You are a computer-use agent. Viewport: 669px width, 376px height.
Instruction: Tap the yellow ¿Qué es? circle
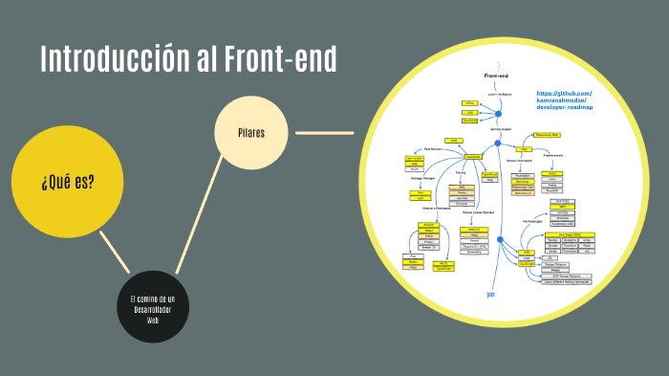(68, 181)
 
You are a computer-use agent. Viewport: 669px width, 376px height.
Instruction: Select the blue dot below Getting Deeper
(498, 144)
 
